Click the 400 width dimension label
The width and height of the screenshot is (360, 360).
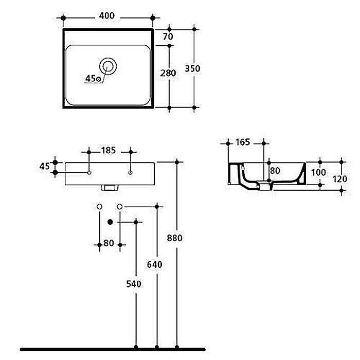[106, 16]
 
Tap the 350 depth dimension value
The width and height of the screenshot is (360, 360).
[193, 68]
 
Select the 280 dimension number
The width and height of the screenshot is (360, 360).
[168, 73]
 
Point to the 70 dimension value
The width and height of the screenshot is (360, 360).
[167, 37]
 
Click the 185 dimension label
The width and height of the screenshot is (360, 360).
[109, 151]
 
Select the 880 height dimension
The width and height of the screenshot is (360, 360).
[176, 238]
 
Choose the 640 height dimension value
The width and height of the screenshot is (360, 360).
[155, 265]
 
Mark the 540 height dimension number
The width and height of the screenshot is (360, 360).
[134, 283]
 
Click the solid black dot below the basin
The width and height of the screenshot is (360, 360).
[110, 222]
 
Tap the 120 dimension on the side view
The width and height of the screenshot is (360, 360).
[340, 179]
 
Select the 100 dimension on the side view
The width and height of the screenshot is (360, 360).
[319, 172]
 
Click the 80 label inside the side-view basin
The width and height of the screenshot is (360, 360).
[275, 170]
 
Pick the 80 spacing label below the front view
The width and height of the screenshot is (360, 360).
[109, 244]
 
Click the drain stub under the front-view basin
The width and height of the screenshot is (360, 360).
[109, 188]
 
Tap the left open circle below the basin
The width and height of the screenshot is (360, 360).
[100, 206]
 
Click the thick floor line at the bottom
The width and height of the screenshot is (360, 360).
[180, 349]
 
